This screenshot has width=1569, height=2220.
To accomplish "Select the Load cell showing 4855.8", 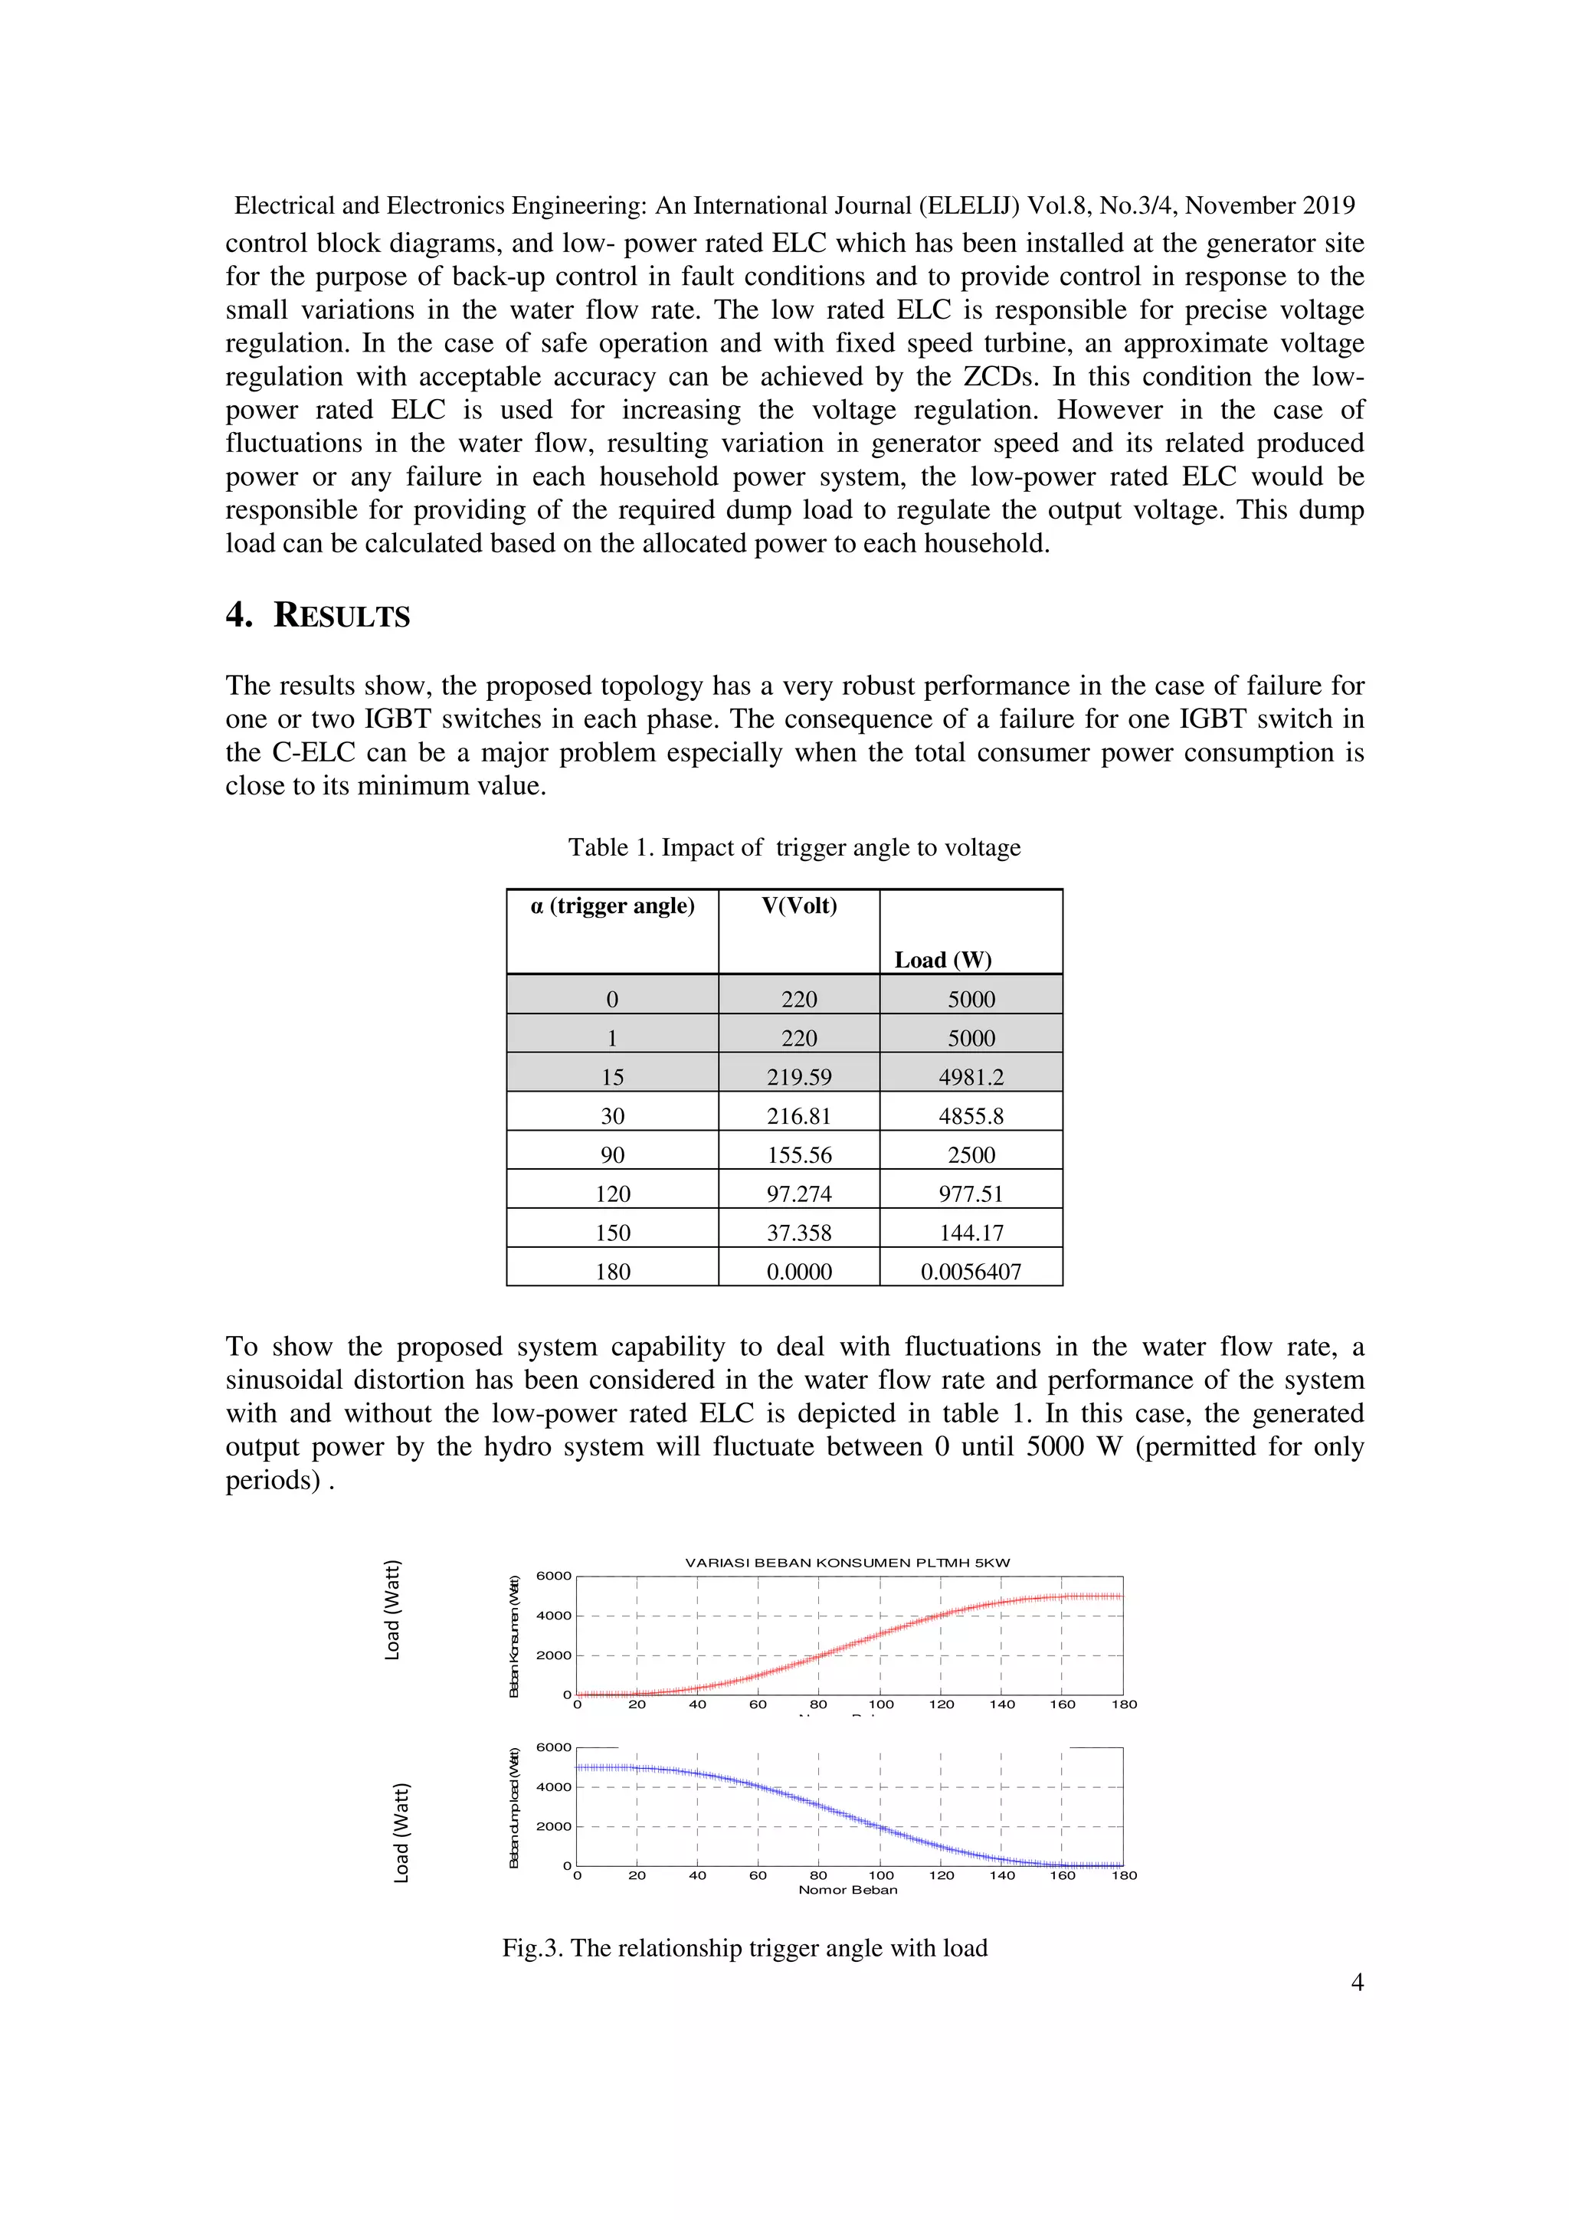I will [x=971, y=1116].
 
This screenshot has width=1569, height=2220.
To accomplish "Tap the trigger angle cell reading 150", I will [x=612, y=1233].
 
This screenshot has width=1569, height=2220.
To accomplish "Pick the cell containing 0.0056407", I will [x=971, y=1272].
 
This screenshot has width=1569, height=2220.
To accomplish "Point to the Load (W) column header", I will [x=942, y=960].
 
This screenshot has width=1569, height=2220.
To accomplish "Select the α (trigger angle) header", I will [x=612, y=906].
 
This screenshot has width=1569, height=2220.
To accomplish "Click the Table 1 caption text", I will [x=794, y=848].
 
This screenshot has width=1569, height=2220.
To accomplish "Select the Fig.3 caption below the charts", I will [x=745, y=1947].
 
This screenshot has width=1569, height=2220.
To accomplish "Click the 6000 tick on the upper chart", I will [x=553, y=1576].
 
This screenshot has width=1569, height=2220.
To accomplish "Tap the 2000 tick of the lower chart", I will [x=553, y=1826].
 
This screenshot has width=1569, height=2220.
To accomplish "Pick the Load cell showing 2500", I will [x=971, y=1155].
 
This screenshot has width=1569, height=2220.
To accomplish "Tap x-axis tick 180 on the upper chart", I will [x=1123, y=1704].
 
